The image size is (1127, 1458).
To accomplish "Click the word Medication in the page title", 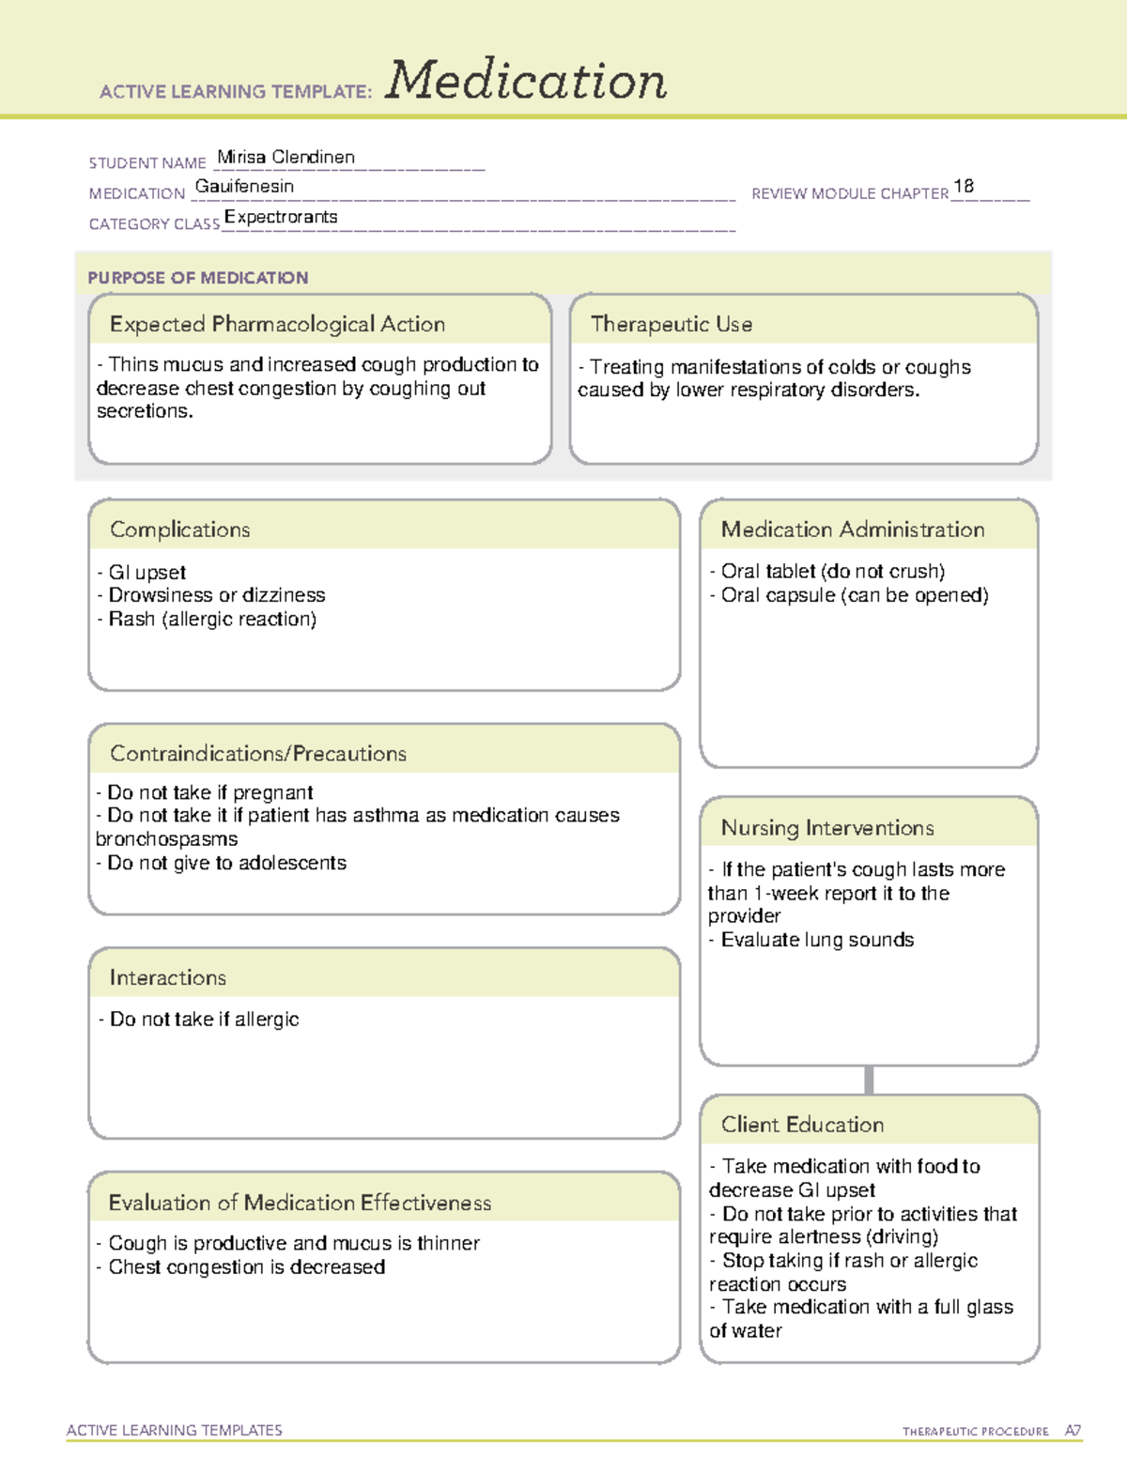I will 526,81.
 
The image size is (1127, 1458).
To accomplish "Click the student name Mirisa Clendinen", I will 286,158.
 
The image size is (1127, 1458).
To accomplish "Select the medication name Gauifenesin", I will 244,187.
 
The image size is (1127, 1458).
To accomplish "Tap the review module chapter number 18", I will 964,187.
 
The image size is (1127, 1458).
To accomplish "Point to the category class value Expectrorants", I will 281,218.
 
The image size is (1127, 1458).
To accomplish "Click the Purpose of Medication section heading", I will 198,278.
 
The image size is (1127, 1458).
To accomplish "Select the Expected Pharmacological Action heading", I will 277,325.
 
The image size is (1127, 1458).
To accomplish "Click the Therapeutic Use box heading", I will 672,325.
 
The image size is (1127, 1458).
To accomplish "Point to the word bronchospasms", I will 167,839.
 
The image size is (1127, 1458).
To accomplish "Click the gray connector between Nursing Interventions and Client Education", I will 869,1080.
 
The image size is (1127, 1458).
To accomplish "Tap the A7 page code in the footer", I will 1073,1431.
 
